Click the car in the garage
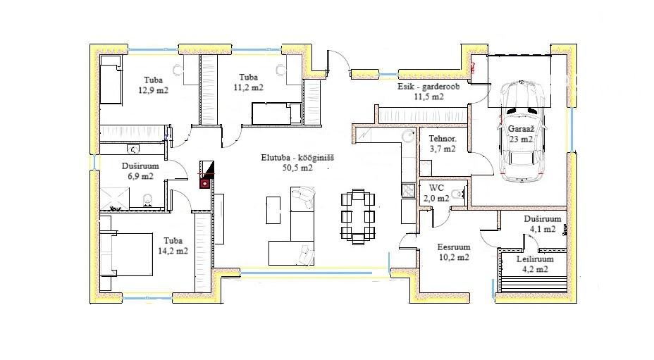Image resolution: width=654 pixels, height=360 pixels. click(522, 131)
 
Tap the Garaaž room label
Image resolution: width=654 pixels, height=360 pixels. click(521, 129)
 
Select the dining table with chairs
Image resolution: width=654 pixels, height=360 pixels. click(358, 216)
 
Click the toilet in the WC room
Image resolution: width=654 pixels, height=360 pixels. click(459, 194)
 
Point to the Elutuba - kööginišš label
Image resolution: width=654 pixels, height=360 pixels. click(297, 158)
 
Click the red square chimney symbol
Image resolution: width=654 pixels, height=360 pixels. click(205, 184)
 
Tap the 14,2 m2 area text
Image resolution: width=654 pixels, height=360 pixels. click(173, 251)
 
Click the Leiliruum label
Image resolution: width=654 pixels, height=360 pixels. click(535, 259)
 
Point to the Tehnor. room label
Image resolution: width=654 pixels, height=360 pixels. click(443, 139)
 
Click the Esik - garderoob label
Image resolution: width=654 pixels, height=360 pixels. click(428, 87)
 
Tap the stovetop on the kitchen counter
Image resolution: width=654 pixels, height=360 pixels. click(408, 191)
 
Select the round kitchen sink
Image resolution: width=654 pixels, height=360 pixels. click(408, 136)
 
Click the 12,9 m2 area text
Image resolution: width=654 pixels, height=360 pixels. click(154, 90)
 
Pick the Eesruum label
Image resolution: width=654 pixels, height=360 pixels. click(454, 247)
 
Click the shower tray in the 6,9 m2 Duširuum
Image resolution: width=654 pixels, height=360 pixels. click(115, 198)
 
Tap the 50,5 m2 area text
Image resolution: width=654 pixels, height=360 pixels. click(297, 168)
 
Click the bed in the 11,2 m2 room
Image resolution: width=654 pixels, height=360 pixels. click(276, 113)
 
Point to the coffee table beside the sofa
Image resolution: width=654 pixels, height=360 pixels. click(273, 210)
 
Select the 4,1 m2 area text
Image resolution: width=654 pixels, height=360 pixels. click(543, 229)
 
